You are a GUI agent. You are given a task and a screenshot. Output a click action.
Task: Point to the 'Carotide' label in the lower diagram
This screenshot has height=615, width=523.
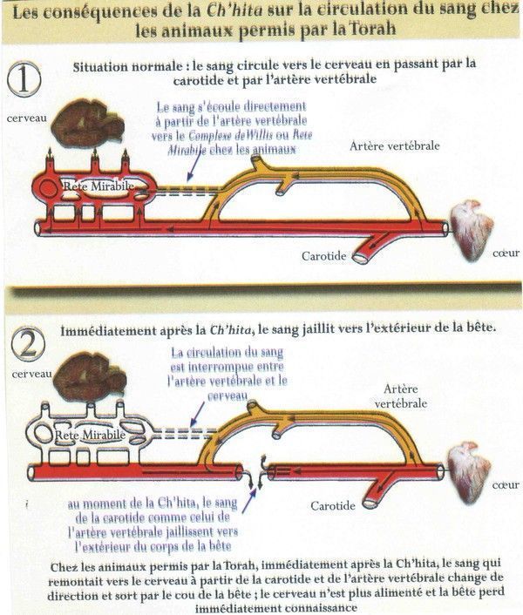pyautogui.click(x=333, y=505)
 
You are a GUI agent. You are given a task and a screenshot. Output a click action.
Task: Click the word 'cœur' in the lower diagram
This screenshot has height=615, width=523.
pyautogui.click(x=505, y=484)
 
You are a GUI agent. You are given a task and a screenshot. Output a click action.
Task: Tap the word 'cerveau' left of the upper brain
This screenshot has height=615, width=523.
pyautogui.click(x=24, y=117)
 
